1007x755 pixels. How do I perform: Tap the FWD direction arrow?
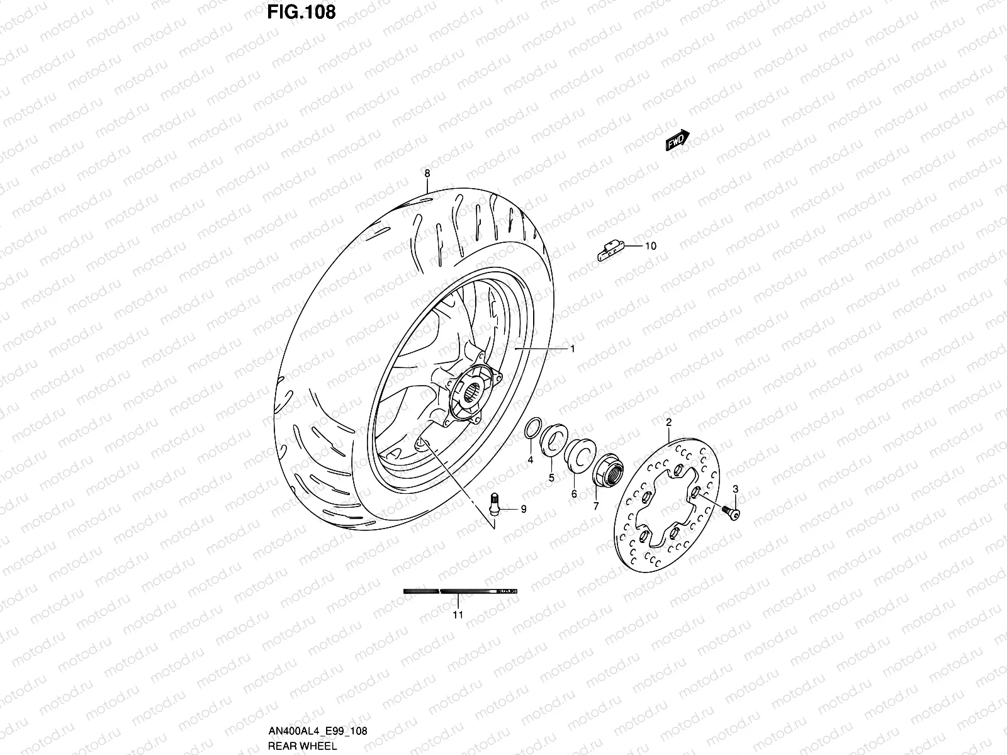[x=678, y=141]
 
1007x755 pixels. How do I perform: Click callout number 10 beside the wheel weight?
[x=650, y=246]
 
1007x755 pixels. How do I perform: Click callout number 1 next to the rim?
[x=573, y=348]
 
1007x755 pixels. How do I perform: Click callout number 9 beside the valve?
[x=523, y=510]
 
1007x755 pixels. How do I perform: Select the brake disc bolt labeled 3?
[x=731, y=513]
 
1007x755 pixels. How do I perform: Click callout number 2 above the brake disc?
[x=668, y=421]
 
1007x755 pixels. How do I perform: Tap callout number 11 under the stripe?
[x=458, y=615]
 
